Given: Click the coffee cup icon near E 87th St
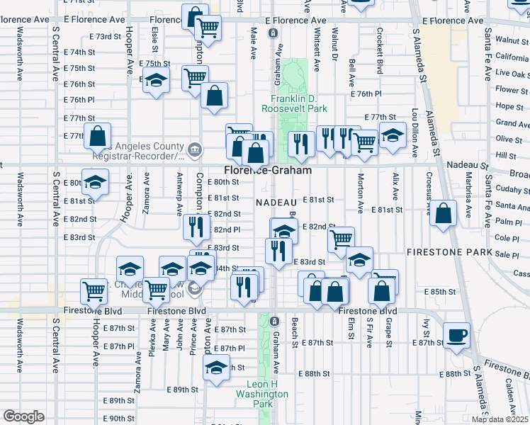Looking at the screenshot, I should click(x=456, y=335).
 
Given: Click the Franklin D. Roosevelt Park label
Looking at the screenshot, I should click(x=294, y=103).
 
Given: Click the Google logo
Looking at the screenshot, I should click(x=23, y=416).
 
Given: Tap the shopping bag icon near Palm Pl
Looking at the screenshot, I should click(x=444, y=214).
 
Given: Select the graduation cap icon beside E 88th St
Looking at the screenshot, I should click(x=216, y=366).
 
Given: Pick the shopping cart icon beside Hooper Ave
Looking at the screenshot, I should click(x=94, y=290).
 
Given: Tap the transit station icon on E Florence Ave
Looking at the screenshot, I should click(x=273, y=33).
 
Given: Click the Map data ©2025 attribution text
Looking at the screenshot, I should click(x=500, y=419).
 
